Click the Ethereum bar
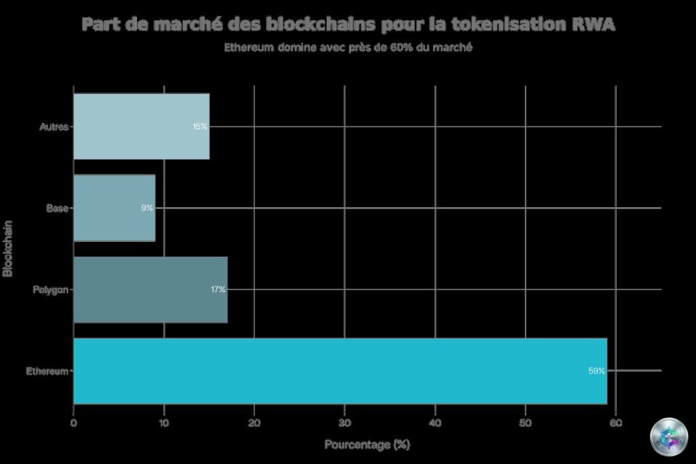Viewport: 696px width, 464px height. [340, 371]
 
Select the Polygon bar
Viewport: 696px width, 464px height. [150, 289]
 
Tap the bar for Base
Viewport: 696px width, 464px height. [114, 208]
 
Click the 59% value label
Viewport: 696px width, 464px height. [596, 371]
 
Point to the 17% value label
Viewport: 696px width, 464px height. [217, 289]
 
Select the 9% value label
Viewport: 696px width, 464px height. [147, 208]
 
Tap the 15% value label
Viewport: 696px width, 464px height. [200, 126]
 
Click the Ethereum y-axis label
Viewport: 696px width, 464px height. [47, 372]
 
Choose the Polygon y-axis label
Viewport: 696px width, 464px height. [50, 290]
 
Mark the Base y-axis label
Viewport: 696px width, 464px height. [57, 209]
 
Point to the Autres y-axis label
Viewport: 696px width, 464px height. [54, 127]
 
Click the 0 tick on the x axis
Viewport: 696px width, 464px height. [73, 423]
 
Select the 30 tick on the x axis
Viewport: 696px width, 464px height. [345, 423]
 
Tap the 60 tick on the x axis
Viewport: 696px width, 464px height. [615, 423]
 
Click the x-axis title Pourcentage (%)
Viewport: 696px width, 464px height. [367, 445]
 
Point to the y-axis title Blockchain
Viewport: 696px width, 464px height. [8, 248]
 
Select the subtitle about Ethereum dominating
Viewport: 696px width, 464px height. [348, 48]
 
